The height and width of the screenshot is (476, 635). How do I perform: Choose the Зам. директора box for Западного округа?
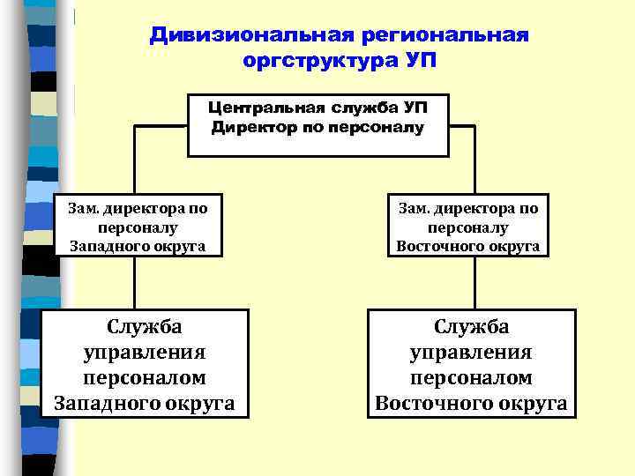pos(138,226)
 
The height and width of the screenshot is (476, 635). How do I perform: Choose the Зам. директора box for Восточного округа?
pos(467,226)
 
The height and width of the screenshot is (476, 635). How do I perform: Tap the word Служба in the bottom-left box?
pos(145,327)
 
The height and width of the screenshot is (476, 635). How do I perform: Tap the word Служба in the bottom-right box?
pos(471,327)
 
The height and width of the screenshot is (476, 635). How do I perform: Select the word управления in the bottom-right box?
pos(471,353)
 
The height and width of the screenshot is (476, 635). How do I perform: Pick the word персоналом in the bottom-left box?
pos(145,378)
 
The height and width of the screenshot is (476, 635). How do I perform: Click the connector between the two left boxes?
pos(134,282)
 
